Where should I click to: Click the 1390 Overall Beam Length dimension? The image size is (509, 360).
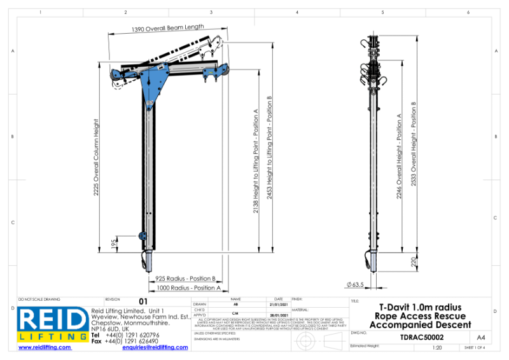coord(167,28)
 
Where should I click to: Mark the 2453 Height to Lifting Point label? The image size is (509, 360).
coord(270,148)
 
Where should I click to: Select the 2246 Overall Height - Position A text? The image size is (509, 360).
coord(400,156)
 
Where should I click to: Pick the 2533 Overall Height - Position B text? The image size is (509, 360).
coord(414,144)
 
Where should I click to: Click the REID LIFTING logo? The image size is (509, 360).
coord(53,324)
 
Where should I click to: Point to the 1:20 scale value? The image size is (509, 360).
coord(437,349)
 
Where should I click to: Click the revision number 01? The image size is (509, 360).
coord(143,301)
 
